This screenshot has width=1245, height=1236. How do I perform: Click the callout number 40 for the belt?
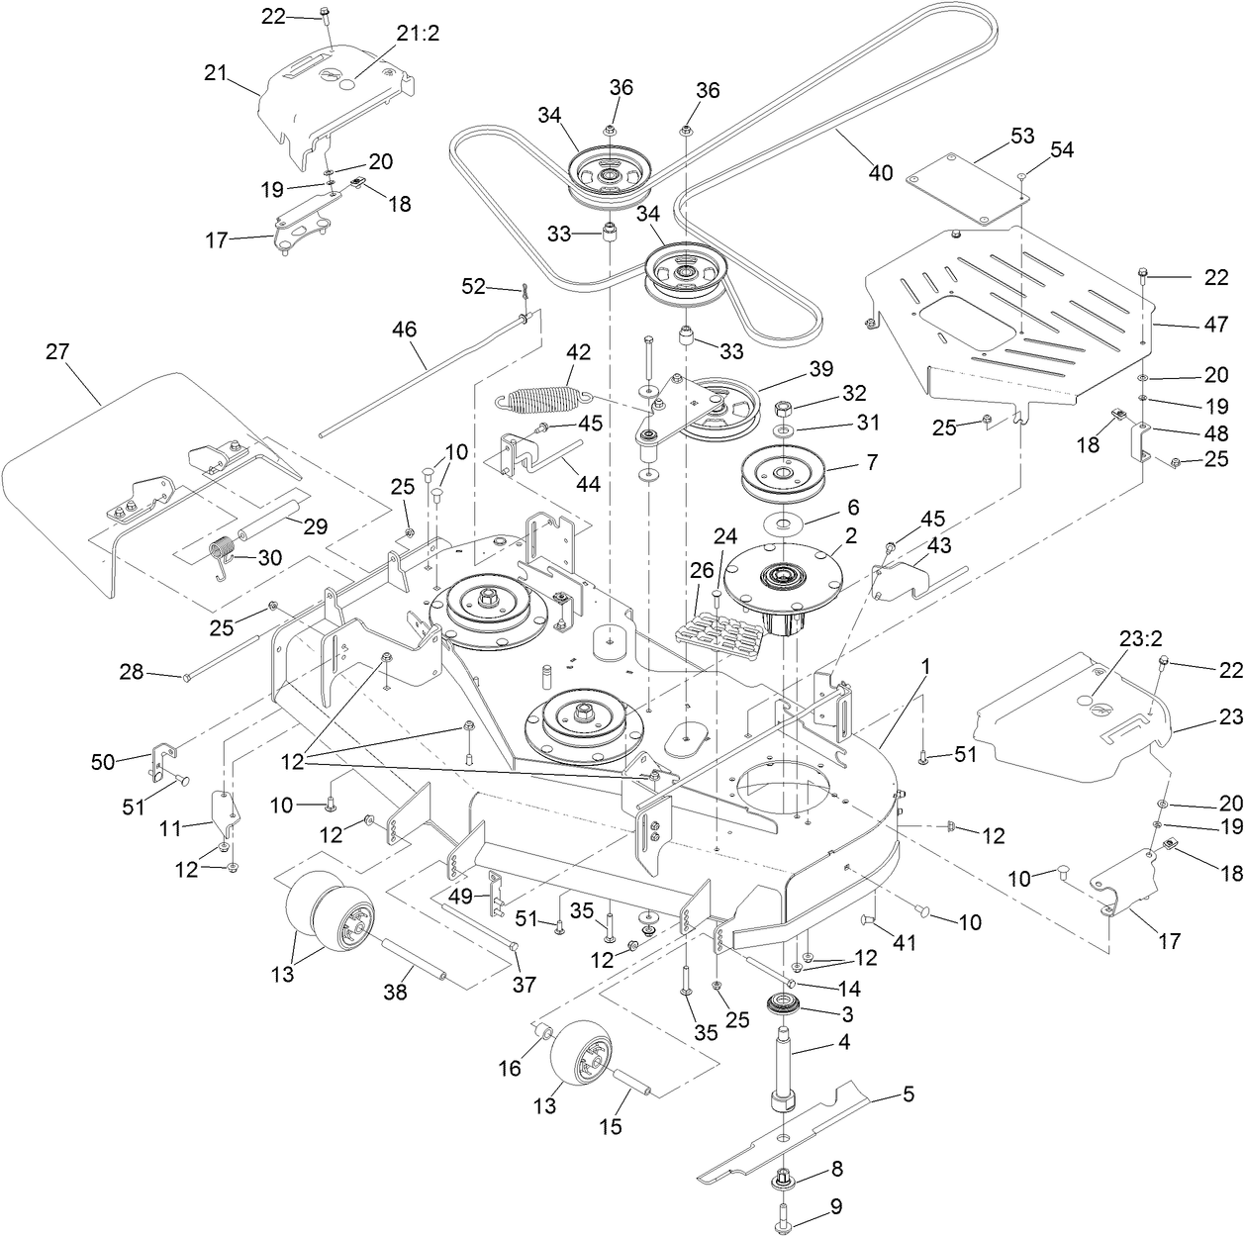(880, 173)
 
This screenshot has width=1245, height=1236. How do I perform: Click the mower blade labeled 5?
(792, 1128)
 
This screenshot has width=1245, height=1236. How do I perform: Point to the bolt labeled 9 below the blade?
(784, 1213)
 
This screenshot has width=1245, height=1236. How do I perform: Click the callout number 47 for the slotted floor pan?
(1215, 325)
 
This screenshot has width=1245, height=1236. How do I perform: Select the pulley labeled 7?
(782, 473)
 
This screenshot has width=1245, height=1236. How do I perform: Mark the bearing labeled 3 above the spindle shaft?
(787, 1008)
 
